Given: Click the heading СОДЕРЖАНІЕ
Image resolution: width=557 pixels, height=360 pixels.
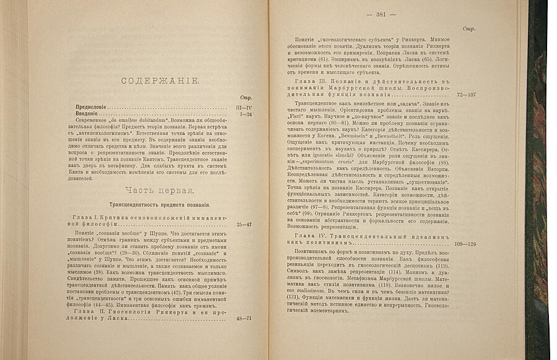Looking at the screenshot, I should point(159,81).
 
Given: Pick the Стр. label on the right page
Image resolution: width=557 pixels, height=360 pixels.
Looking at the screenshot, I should point(468,28).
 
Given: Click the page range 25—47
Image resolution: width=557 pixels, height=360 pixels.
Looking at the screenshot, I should point(238,225).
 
